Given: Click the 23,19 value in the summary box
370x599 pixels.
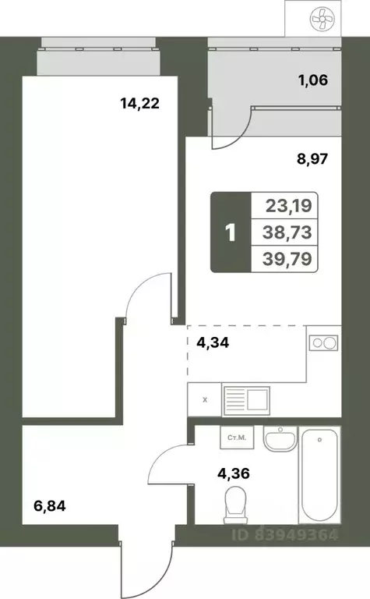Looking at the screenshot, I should [284, 207].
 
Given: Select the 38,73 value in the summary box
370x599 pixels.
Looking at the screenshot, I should [284, 232].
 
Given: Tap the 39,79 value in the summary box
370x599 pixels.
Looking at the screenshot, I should [284, 257].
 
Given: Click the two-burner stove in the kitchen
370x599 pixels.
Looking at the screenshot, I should [323, 342].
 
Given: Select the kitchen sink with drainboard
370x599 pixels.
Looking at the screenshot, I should [245, 400].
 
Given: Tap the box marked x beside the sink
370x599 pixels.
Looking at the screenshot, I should [205, 400].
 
